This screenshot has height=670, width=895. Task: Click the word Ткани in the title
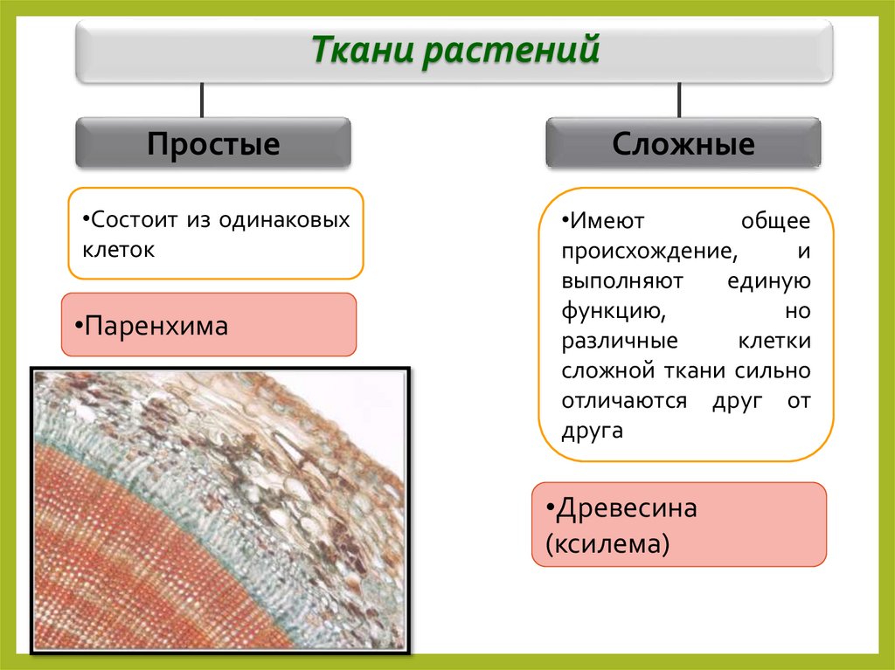(x=364, y=49)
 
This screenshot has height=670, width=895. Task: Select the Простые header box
(x=212, y=143)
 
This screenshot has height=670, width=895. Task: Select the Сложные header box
(x=683, y=143)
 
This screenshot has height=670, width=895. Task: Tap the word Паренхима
(x=156, y=327)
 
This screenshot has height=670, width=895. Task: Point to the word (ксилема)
(x=607, y=544)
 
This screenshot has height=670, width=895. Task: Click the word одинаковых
(x=291, y=219)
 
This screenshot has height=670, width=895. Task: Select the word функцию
(x=609, y=311)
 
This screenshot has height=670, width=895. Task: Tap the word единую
(x=768, y=281)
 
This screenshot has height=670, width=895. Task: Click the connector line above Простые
(x=203, y=100)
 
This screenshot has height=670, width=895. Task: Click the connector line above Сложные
(x=680, y=100)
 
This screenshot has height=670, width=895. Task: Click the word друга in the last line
(x=593, y=432)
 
